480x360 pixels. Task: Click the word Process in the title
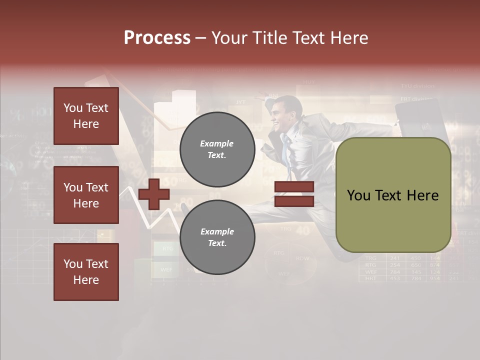157,38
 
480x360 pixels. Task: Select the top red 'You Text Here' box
86,116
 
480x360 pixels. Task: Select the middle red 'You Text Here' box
86,195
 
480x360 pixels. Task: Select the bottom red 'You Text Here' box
86,271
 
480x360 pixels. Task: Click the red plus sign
154,194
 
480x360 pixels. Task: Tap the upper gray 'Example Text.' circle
217,149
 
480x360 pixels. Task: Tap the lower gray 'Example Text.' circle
217,237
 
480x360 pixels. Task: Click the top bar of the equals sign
294,187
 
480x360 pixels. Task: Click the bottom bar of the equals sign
294,201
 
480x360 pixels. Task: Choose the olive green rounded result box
393,195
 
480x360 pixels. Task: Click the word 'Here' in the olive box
422,195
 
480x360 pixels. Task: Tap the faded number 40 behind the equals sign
302,231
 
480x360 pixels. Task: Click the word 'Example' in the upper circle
217,143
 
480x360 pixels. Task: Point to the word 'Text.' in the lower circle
217,243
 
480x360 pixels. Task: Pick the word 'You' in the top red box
72,108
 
